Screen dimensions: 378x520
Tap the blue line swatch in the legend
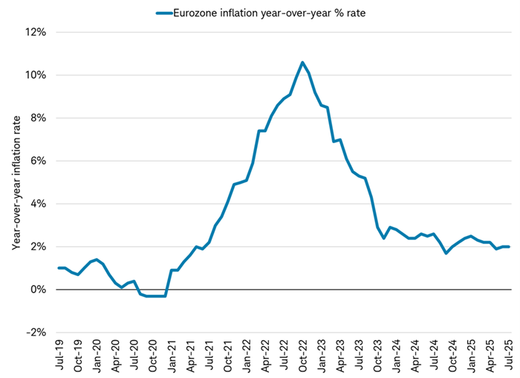tap(163, 12)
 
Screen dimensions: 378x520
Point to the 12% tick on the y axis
tap(36, 33)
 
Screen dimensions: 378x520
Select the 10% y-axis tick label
tap(36, 75)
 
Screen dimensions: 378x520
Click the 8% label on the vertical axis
tap(39, 118)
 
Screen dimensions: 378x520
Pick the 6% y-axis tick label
tap(39, 161)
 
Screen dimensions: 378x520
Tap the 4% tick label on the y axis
tap(39, 204)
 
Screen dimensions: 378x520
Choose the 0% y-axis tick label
tap(39, 289)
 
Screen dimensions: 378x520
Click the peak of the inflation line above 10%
tap(302, 63)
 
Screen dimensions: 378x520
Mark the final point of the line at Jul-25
tap(507, 246)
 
